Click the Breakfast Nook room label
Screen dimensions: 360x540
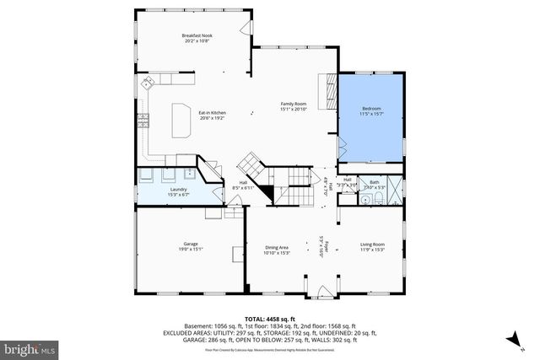(197, 35)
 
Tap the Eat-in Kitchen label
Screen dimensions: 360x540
(212, 113)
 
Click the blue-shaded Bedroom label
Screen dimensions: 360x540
(372, 109)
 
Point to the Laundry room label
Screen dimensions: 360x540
(178, 190)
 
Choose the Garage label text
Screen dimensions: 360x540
(191, 243)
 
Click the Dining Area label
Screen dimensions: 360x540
(277, 247)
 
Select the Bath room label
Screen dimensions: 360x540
(375, 182)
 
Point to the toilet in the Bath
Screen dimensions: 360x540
(380, 199)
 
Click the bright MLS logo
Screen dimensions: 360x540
(30, 347)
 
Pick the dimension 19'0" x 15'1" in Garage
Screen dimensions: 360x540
(191, 248)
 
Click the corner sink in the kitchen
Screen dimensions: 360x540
(148, 83)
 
